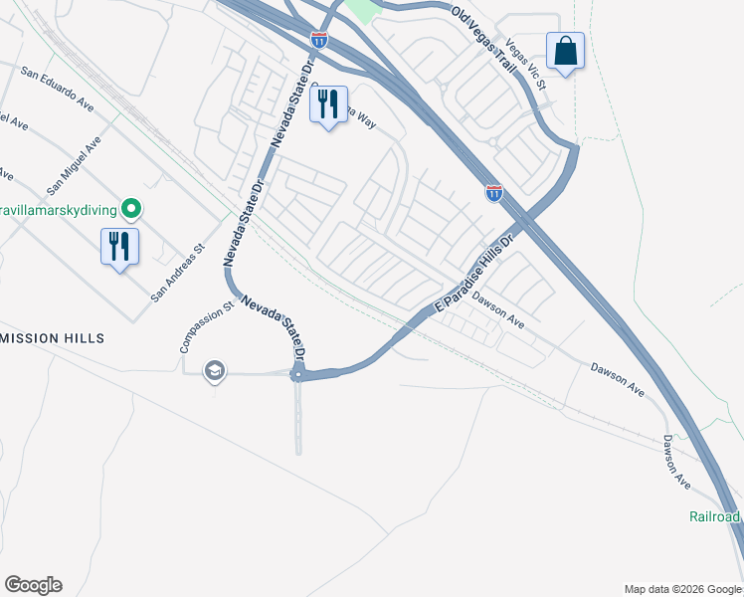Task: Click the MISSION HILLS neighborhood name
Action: (52, 338)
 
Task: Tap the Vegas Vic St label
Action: (526, 65)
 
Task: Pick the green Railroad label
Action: (715, 516)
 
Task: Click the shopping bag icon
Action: (565, 51)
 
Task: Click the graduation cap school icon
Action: (213, 372)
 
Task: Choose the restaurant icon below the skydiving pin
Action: (119, 246)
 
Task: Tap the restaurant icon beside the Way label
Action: (328, 103)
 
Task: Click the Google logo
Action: (33, 584)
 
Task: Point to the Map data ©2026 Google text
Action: (681, 589)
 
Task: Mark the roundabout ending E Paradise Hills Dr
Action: (297, 374)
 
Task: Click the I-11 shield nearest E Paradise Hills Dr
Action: (494, 192)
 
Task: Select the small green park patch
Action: (365, 10)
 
